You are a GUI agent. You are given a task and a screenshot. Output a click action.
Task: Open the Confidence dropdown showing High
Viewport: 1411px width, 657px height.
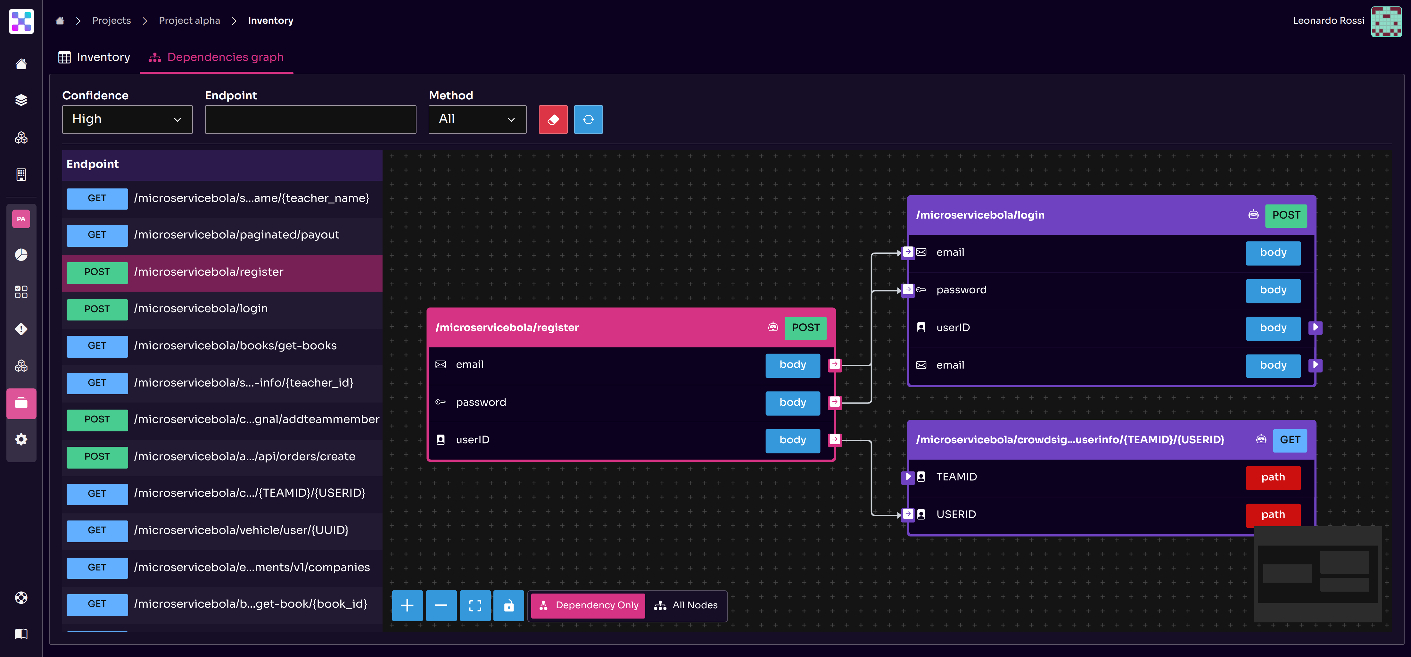[127, 120]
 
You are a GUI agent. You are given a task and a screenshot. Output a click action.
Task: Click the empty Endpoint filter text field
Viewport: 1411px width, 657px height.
[310, 120]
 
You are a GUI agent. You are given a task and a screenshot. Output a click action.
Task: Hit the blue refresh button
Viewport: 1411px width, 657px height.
[588, 120]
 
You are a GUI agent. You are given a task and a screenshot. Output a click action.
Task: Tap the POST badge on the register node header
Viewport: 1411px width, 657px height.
[805, 328]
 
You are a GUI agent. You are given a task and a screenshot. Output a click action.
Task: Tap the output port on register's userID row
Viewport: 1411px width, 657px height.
[834, 439]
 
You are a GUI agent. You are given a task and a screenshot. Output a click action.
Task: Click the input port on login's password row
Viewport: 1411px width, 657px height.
[908, 289]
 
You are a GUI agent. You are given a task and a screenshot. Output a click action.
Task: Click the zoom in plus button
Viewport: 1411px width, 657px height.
[407, 605]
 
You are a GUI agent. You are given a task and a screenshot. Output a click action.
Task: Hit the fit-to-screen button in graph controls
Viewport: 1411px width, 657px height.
[475, 605]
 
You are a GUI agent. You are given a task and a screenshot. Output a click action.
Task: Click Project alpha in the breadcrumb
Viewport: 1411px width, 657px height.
[189, 20]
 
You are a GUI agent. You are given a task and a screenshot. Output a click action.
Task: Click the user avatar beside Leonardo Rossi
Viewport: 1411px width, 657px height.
[1385, 21]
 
